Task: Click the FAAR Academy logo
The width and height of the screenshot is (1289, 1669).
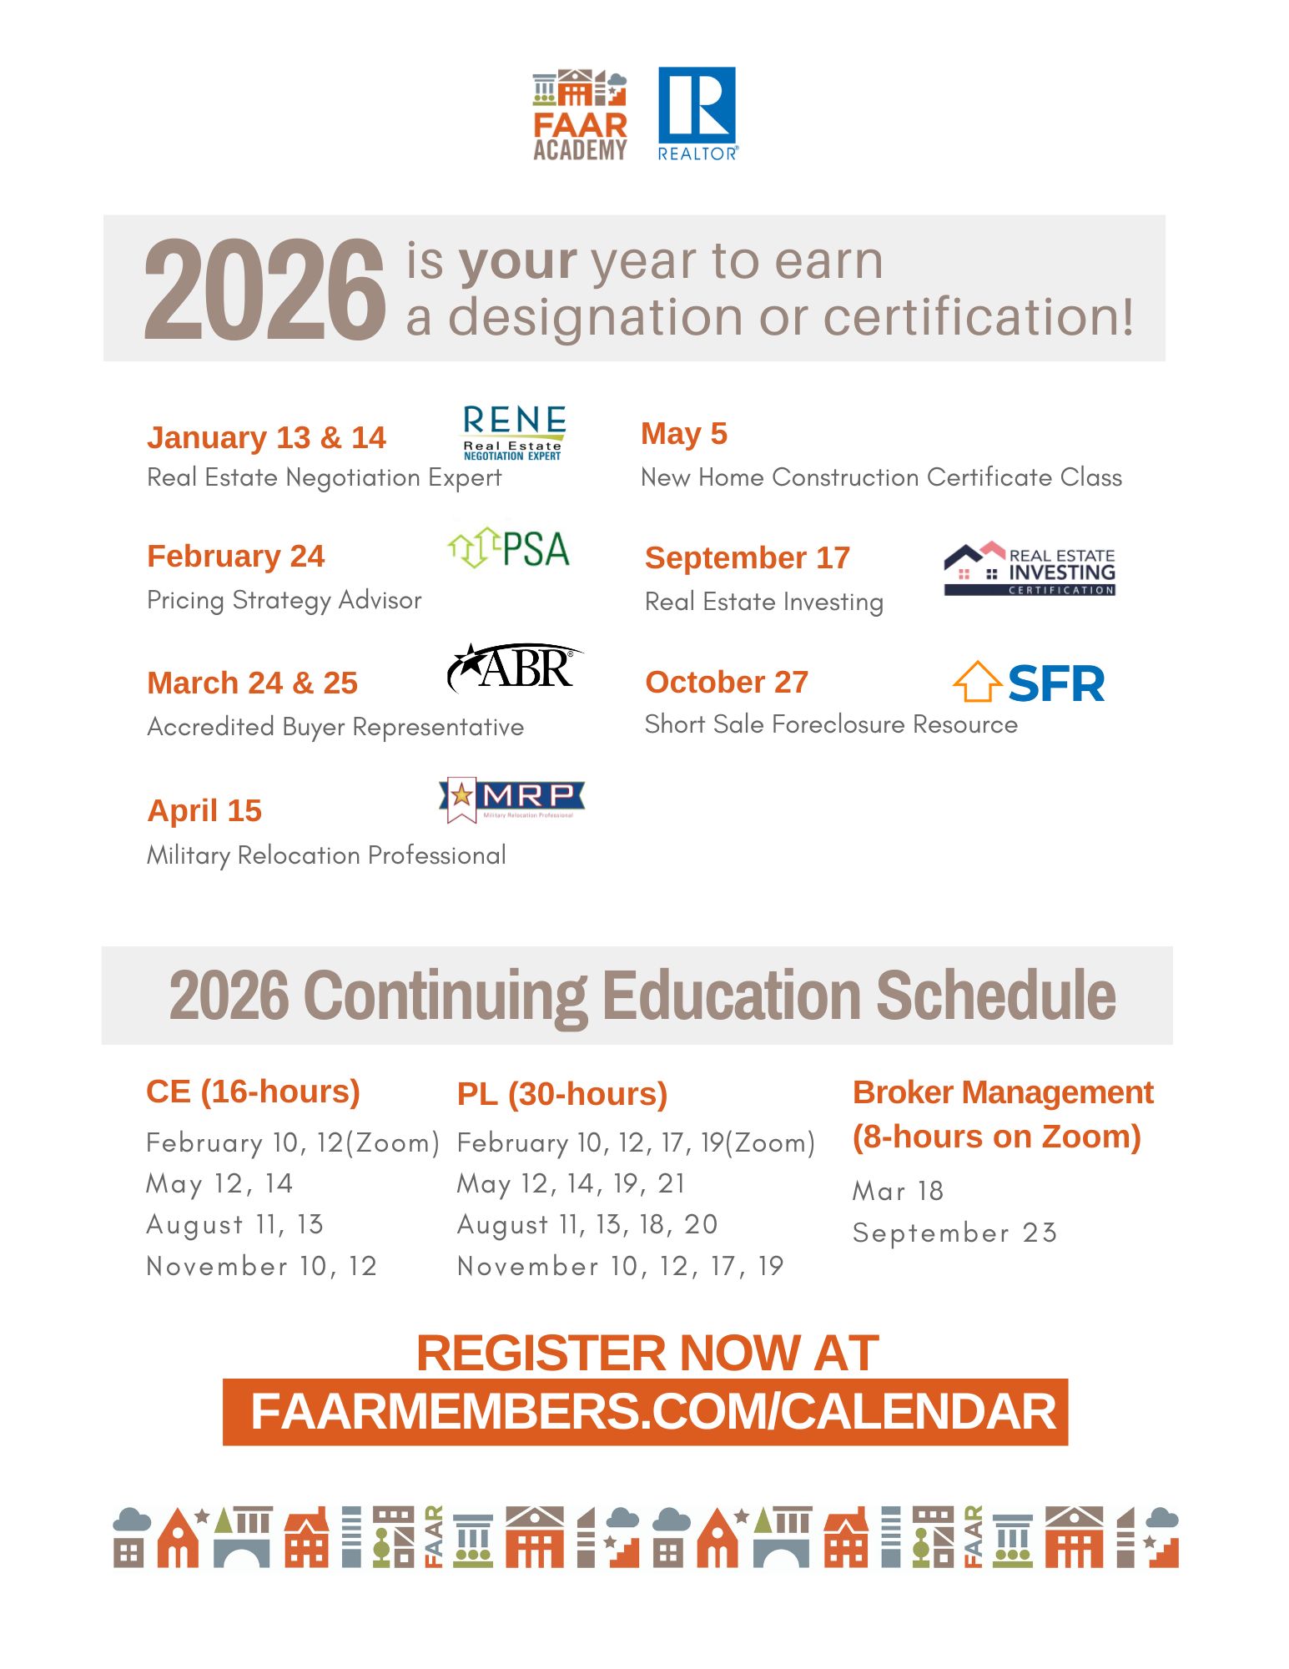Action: tap(580, 115)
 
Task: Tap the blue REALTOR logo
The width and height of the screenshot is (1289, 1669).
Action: tap(697, 113)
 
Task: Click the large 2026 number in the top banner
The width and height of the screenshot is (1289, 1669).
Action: tap(264, 289)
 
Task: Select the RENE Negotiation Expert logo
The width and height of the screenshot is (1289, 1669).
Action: tap(513, 432)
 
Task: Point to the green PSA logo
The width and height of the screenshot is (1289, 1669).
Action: tap(508, 549)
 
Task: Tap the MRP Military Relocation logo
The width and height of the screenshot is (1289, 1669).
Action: tap(511, 799)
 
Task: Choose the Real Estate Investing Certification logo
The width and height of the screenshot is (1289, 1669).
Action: tap(1030, 569)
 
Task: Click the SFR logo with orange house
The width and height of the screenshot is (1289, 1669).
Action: tap(1029, 683)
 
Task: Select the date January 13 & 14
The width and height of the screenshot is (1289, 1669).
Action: tap(266, 437)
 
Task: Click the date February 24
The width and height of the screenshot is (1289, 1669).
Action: tap(235, 556)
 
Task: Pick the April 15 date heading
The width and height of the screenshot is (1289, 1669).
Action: tap(204, 810)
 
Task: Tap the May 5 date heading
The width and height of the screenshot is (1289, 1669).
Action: tap(684, 434)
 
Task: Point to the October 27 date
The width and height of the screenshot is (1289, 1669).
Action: tap(727, 682)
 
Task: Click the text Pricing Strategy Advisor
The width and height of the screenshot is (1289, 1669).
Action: tap(284, 600)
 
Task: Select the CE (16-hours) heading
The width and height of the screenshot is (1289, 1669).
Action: tap(253, 1092)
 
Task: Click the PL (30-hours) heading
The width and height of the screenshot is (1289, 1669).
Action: tap(562, 1094)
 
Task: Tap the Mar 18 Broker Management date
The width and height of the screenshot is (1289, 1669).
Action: tap(898, 1191)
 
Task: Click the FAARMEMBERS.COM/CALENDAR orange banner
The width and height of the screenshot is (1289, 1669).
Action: tap(645, 1411)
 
